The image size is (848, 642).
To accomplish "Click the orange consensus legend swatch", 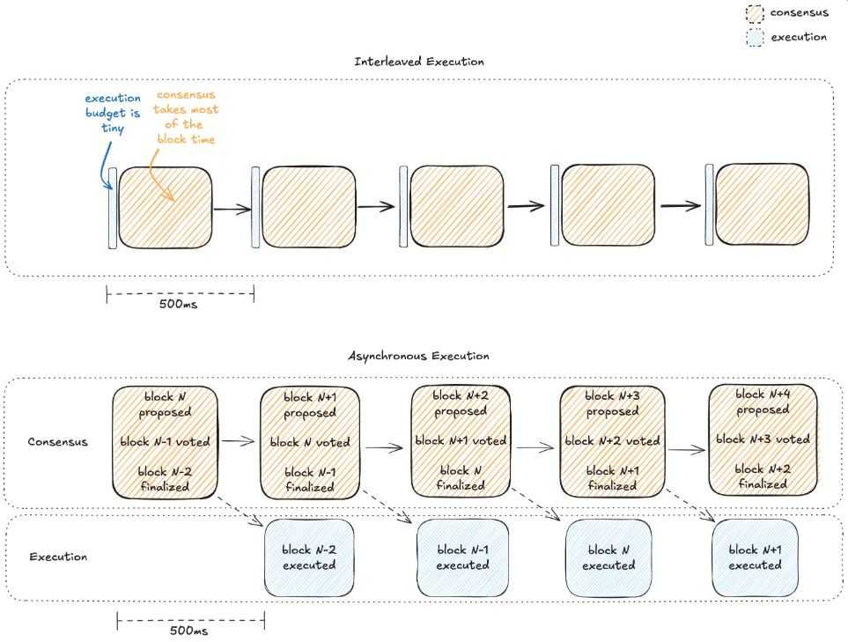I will (754, 13).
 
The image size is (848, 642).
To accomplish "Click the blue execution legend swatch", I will (754, 38).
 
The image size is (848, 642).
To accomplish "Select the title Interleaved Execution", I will (419, 62).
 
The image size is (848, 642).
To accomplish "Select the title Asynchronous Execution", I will (419, 356).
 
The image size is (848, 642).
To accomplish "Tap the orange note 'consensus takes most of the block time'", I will (186, 116).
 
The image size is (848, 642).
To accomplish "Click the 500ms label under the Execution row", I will (189, 631).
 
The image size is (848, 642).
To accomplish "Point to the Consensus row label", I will (58, 441).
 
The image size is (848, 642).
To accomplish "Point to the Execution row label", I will (58, 557).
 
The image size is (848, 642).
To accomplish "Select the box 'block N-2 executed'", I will (309, 557).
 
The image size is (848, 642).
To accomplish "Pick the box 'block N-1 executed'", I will (462, 557).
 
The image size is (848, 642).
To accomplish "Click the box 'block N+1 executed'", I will (755, 557).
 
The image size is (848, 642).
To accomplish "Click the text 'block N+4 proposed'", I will (763, 402).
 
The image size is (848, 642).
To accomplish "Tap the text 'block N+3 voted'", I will (763, 439).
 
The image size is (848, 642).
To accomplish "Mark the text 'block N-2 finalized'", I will (165, 479).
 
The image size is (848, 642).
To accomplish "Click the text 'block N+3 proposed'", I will (613, 403).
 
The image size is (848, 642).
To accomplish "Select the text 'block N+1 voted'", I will (461, 440).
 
